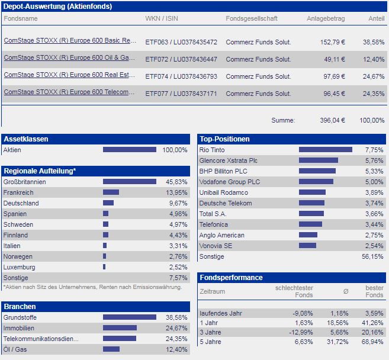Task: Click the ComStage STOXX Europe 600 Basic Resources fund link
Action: coord(70,41)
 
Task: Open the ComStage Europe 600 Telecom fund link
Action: coord(70,93)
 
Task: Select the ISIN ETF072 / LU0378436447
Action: coord(181,59)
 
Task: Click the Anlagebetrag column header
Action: coord(326,18)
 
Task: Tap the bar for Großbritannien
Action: coord(129,182)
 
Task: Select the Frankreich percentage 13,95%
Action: coord(175,192)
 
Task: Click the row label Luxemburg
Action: coord(19,267)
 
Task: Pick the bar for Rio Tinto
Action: coord(325,150)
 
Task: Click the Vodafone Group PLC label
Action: coord(230,182)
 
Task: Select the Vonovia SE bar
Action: coord(307,246)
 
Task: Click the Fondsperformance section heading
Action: coord(232,277)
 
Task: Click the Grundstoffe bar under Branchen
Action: coord(129,317)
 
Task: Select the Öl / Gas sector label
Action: coord(16,349)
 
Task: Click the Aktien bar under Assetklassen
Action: coord(129,150)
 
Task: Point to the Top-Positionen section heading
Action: coord(225,139)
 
